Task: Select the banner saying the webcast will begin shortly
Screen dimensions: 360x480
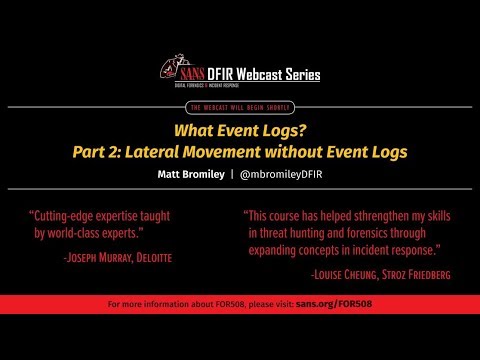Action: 240,106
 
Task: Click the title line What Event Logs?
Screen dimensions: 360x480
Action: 240,130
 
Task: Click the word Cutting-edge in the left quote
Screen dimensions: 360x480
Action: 70,215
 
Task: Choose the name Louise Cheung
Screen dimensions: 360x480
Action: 349,273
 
